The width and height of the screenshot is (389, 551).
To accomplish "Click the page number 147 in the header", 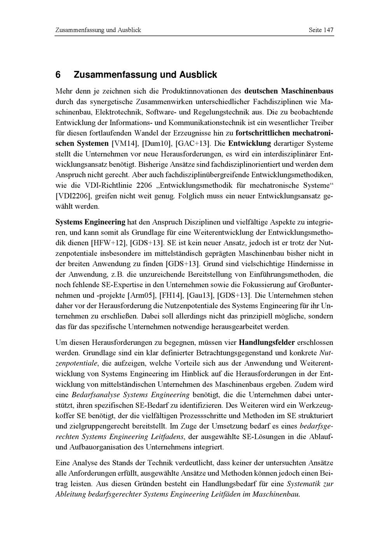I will (x=327, y=30).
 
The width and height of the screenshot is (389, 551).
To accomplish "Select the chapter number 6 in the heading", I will (x=58, y=74).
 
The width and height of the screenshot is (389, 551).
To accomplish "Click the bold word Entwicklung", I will (x=249, y=144).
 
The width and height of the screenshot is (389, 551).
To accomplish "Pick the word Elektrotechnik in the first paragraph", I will (x=119, y=112).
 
